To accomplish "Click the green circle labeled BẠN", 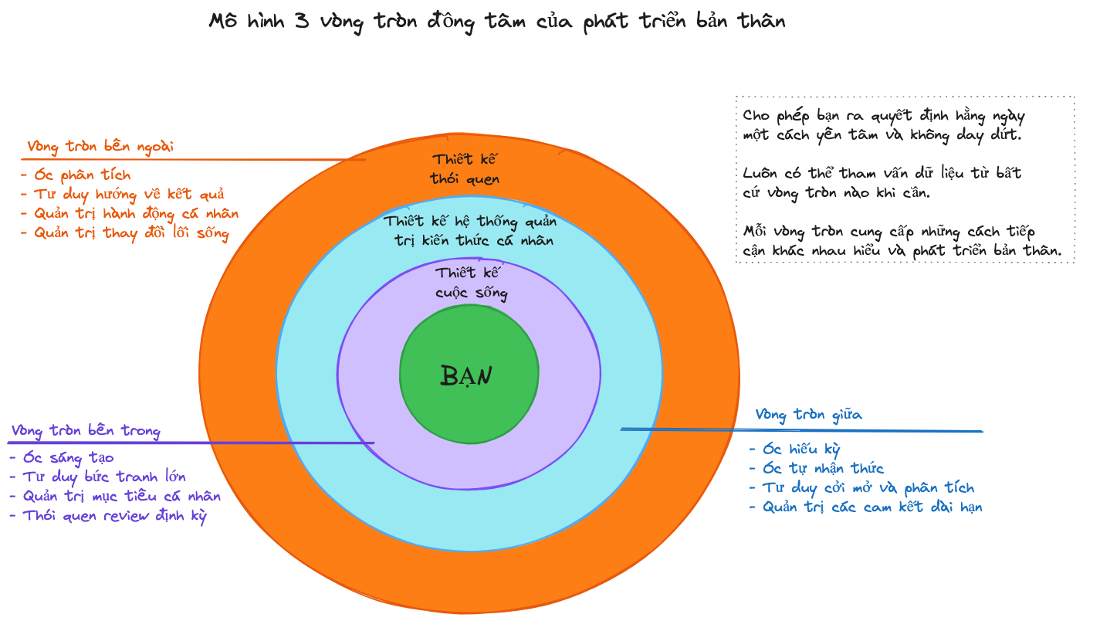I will (469, 375).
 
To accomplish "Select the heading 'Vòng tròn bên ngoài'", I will (100, 146).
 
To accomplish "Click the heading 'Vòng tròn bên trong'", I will (86, 430).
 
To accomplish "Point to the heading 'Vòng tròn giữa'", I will (808, 415).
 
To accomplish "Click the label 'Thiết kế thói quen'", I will (465, 169).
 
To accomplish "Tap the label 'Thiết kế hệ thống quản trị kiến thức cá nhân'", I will (470, 230).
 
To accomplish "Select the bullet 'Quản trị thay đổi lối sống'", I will (124, 233).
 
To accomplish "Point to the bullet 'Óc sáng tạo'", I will (62, 457).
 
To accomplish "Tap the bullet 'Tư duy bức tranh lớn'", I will (97, 477).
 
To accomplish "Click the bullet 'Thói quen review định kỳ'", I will (108, 515).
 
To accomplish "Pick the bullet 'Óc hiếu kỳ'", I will (795, 449).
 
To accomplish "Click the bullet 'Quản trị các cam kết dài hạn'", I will (865, 507).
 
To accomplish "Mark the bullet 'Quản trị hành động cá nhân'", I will (129, 213).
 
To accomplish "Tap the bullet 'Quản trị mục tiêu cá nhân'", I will (115, 496).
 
